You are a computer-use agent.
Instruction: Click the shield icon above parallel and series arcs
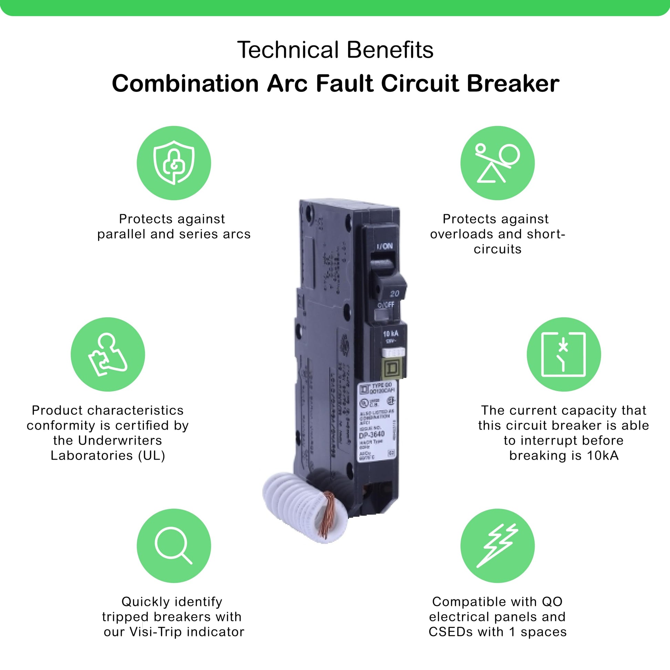point(174,163)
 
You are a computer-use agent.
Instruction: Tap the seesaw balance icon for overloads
point(497,163)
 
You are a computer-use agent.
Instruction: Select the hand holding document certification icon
point(107,354)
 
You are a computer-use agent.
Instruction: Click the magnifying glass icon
point(174,545)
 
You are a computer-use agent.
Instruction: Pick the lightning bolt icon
point(497,545)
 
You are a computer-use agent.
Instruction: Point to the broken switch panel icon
point(564,354)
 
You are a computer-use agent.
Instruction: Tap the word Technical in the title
point(288,50)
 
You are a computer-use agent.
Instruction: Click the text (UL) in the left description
point(151,456)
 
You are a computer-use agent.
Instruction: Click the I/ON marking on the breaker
point(385,246)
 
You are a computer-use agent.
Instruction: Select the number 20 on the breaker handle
point(394,294)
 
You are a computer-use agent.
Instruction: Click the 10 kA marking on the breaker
point(390,334)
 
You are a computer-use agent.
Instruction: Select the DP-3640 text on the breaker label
point(372,435)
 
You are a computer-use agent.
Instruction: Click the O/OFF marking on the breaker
point(386,304)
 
